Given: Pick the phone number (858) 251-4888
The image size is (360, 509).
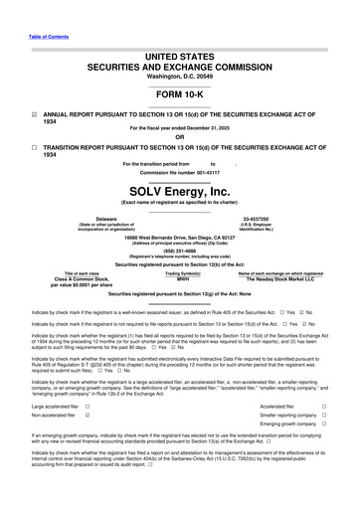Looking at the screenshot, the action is click(x=179, y=251).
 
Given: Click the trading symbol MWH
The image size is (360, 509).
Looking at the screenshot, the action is click(x=182, y=279).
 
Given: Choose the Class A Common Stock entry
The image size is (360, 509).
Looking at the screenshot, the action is click(x=75, y=279).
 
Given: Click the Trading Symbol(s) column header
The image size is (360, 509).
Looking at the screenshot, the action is click(x=182, y=273).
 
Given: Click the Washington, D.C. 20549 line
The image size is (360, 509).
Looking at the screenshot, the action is click(x=179, y=47).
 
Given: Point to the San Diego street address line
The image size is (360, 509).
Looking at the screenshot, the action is click(x=179, y=239).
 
